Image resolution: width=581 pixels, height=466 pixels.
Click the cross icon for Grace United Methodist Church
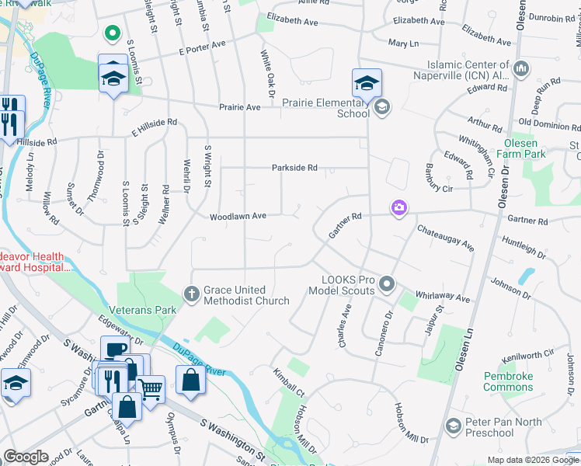pos(192,294)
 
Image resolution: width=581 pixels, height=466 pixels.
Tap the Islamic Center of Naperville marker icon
pos(520,70)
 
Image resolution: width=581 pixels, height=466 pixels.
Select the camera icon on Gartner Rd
pos(399,207)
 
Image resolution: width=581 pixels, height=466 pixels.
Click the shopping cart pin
pos(150,387)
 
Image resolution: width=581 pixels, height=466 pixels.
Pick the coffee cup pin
pos(115,350)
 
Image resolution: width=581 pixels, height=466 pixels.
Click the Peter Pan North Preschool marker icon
pos(454,426)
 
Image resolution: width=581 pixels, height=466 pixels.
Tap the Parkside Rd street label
pos(294,168)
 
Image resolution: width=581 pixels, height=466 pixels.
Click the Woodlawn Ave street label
pos(238,217)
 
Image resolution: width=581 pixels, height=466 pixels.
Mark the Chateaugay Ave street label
pos(445,237)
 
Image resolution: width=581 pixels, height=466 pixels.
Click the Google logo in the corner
pos(26,457)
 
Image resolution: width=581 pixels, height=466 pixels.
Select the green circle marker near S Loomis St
pos(112,33)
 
